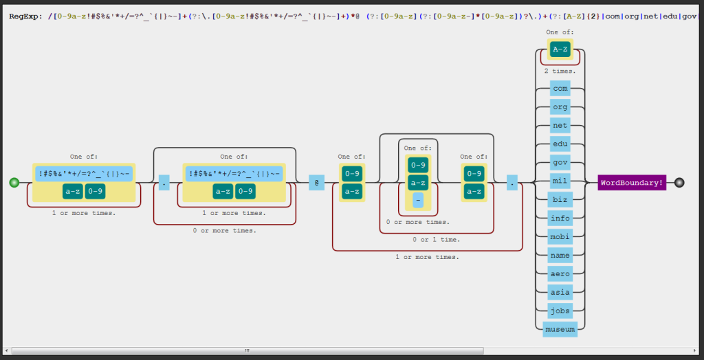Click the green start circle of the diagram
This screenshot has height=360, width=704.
coord(14,182)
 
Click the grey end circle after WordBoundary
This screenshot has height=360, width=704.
coord(679,182)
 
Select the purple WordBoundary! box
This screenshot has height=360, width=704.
coord(632,183)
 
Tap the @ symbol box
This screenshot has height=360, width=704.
coord(316,183)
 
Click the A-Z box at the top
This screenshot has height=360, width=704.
coord(560,49)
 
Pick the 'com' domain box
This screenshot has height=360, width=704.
coord(560,89)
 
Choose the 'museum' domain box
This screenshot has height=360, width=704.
coord(560,330)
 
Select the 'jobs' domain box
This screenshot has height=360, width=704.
coord(560,311)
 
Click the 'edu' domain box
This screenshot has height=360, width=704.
coord(560,144)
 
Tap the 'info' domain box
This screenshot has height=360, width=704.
coord(560,218)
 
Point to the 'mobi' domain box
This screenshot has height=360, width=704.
coord(560,237)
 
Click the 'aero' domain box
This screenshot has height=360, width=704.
coord(560,274)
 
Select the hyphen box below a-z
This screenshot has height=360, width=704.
coord(418,200)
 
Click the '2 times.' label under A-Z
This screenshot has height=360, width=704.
coord(560,71)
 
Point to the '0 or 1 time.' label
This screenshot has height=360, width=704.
coord(436,239)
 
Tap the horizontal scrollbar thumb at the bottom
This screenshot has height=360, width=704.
coord(247,350)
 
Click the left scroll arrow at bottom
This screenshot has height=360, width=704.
coord(6,350)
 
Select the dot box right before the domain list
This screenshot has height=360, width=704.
coord(512,183)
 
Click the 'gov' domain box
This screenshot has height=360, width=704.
coord(560,163)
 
